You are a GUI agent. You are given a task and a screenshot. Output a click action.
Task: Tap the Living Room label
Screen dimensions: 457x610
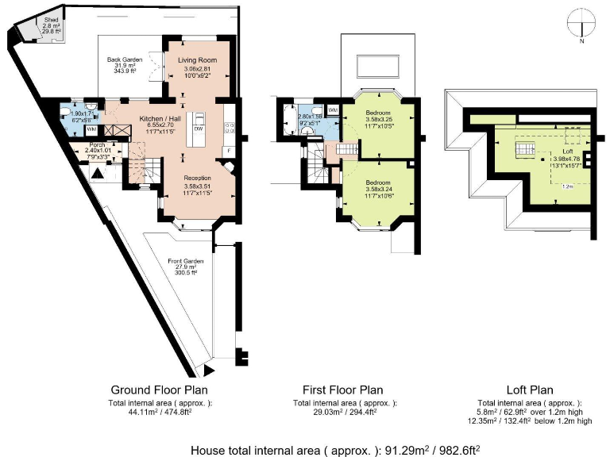(x=197, y=60)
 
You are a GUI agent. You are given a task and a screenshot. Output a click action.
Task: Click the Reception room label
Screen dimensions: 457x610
(x=196, y=178)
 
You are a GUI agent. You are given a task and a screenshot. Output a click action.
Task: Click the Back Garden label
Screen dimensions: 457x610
(x=127, y=60)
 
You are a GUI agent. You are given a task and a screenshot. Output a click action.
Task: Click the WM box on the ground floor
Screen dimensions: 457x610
(x=91, y=128)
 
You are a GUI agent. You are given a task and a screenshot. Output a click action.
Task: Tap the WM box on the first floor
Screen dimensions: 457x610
(x=334, y=109)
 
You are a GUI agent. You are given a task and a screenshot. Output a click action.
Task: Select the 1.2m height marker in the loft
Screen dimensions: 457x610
(x=567, y=186)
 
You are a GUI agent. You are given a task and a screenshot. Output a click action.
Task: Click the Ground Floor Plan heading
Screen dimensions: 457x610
(x=159, y=390)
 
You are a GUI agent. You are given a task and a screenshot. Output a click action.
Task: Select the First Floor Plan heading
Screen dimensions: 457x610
(x=343, y=390)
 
